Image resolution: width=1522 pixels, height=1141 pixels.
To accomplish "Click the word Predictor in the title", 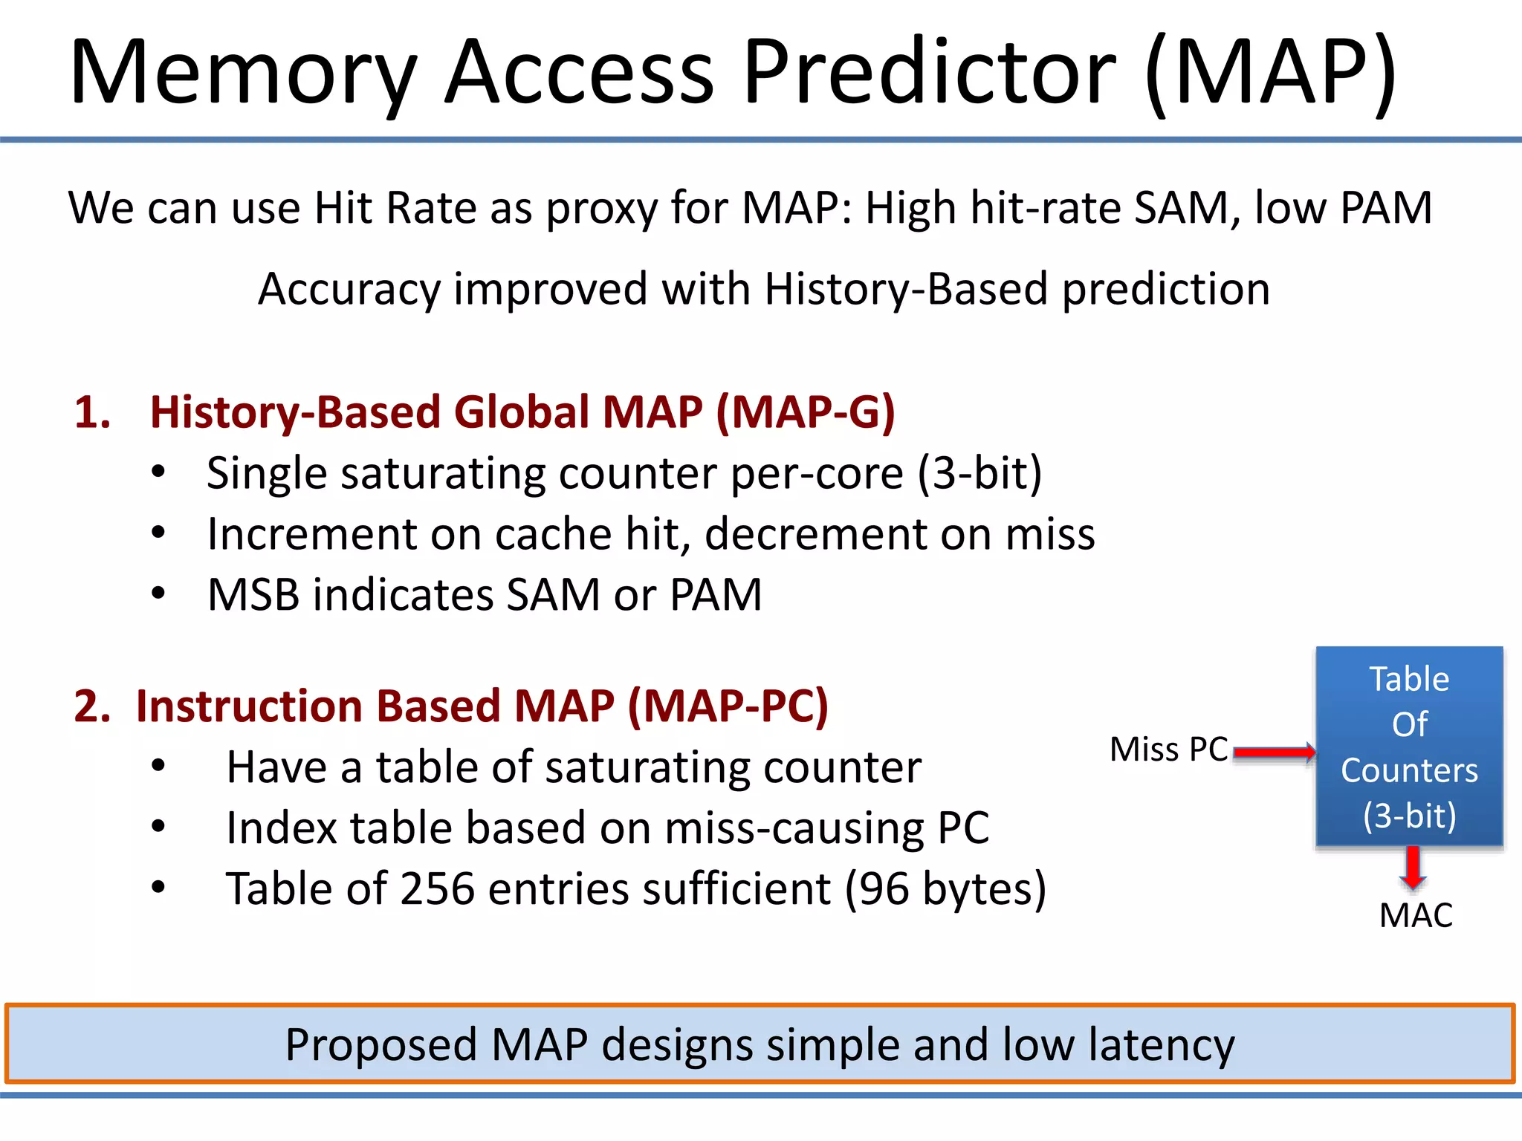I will coord(929,73).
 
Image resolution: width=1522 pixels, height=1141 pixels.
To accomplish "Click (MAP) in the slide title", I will coord(1271,73).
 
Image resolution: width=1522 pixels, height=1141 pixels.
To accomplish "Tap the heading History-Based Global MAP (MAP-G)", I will coord(522,412).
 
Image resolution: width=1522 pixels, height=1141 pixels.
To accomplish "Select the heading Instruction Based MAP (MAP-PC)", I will coord(482,706).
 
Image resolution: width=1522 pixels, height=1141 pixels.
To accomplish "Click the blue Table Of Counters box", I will coord(1409,747).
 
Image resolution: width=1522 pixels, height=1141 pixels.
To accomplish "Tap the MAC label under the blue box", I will coord(1415,915).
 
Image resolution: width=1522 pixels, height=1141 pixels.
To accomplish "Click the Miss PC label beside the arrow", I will coord(1168,750).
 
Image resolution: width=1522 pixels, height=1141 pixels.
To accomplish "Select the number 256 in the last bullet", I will coord(437,888).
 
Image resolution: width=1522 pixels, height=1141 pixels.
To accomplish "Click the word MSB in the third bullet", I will coord(253,595).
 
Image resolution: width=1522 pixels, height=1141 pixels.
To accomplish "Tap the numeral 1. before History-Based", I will coord(93,412).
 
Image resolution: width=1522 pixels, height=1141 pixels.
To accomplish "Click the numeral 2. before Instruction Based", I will coord(92,706).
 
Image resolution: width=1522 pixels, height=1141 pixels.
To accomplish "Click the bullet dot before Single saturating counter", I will coord(158,473).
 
